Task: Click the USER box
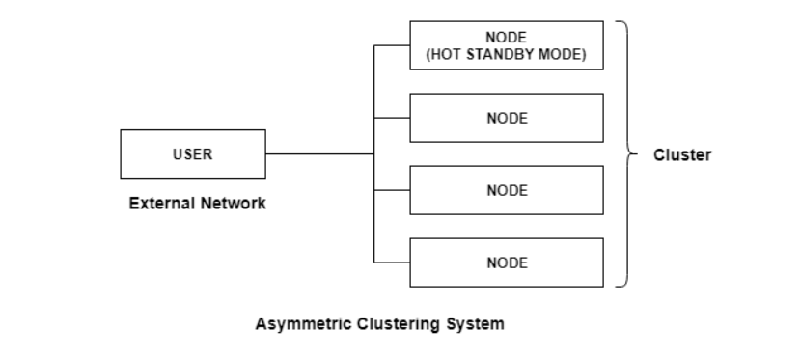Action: click(192, 154)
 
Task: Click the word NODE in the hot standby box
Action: click(507, 38)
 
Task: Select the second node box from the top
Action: click(507, 118)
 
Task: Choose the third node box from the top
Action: click(507, 190)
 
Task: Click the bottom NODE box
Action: click(507, 263)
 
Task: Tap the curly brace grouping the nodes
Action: click(625, 154)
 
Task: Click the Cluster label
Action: click(682, 154)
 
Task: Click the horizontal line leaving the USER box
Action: click(318, 153)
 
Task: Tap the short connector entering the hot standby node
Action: click(392, 45)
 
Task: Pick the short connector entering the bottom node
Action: click(392, 263)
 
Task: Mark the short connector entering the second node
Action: click(392, 118)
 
